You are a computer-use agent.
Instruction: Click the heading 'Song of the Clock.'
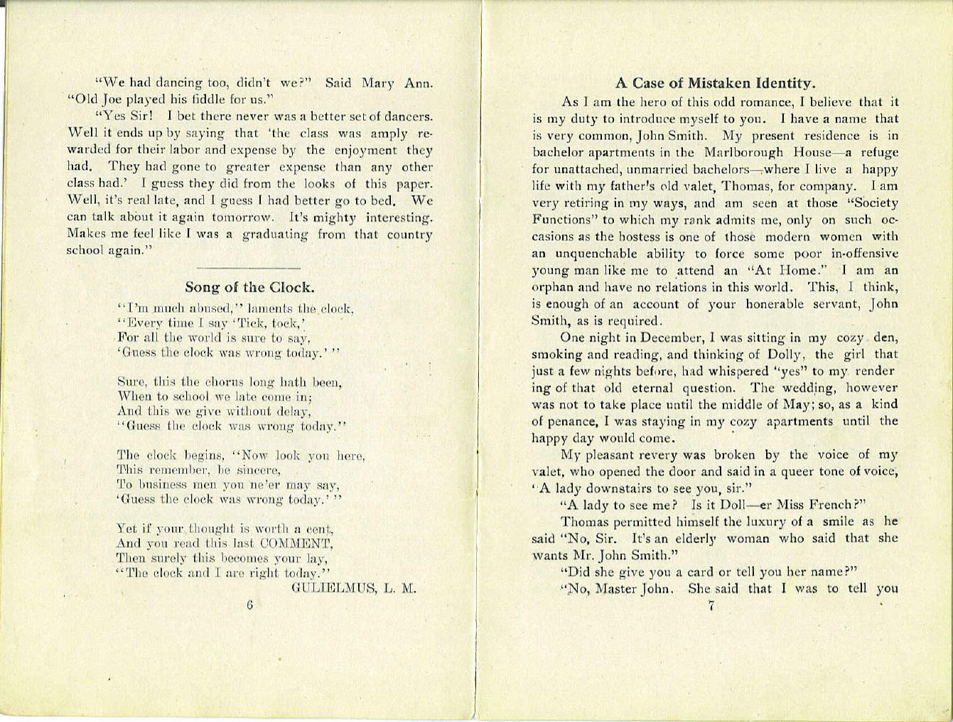(x=249, y=288)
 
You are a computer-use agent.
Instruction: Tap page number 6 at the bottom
(x=250, y=605)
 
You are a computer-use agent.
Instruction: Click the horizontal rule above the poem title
(x=248, y=267)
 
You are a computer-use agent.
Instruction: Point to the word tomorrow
(x=242, y=217)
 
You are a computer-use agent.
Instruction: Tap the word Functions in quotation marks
(x=561, y=221)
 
